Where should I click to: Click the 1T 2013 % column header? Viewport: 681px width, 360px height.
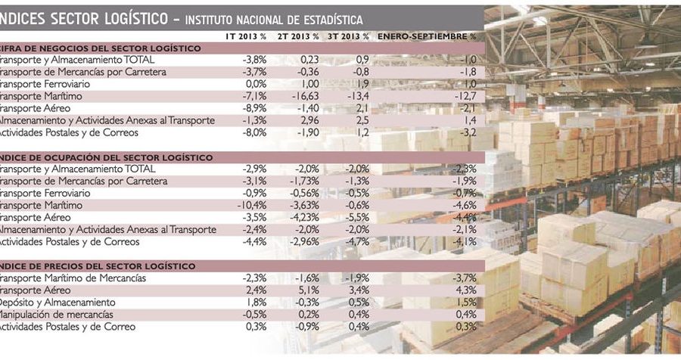click(246, 36)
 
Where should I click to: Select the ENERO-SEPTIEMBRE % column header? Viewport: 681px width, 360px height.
click(427, 36)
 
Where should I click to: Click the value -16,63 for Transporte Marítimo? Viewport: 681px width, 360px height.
click(300, 96)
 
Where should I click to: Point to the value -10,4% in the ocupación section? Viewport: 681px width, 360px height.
click(251, 206)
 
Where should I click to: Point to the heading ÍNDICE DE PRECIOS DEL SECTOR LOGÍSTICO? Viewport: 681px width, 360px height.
click(98, 266)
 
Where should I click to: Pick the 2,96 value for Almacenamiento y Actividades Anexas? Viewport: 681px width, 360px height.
click(302, 120)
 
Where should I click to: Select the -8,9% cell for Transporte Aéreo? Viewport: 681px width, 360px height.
click(253, 108)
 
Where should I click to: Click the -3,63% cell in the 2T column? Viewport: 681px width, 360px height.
click(300, 206)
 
